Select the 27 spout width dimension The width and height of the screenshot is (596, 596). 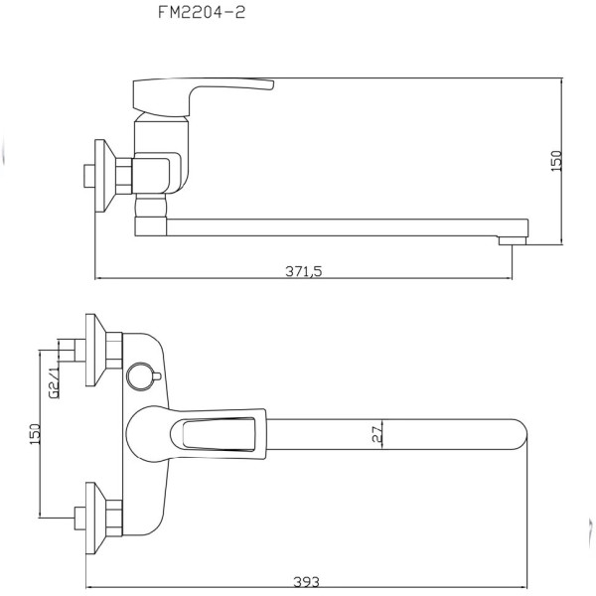[x=376, y=432]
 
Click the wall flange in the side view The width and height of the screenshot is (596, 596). [x=99, y=175]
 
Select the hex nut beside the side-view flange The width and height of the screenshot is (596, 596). [x=122, y=175]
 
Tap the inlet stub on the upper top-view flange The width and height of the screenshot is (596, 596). [x=69, y=349]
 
